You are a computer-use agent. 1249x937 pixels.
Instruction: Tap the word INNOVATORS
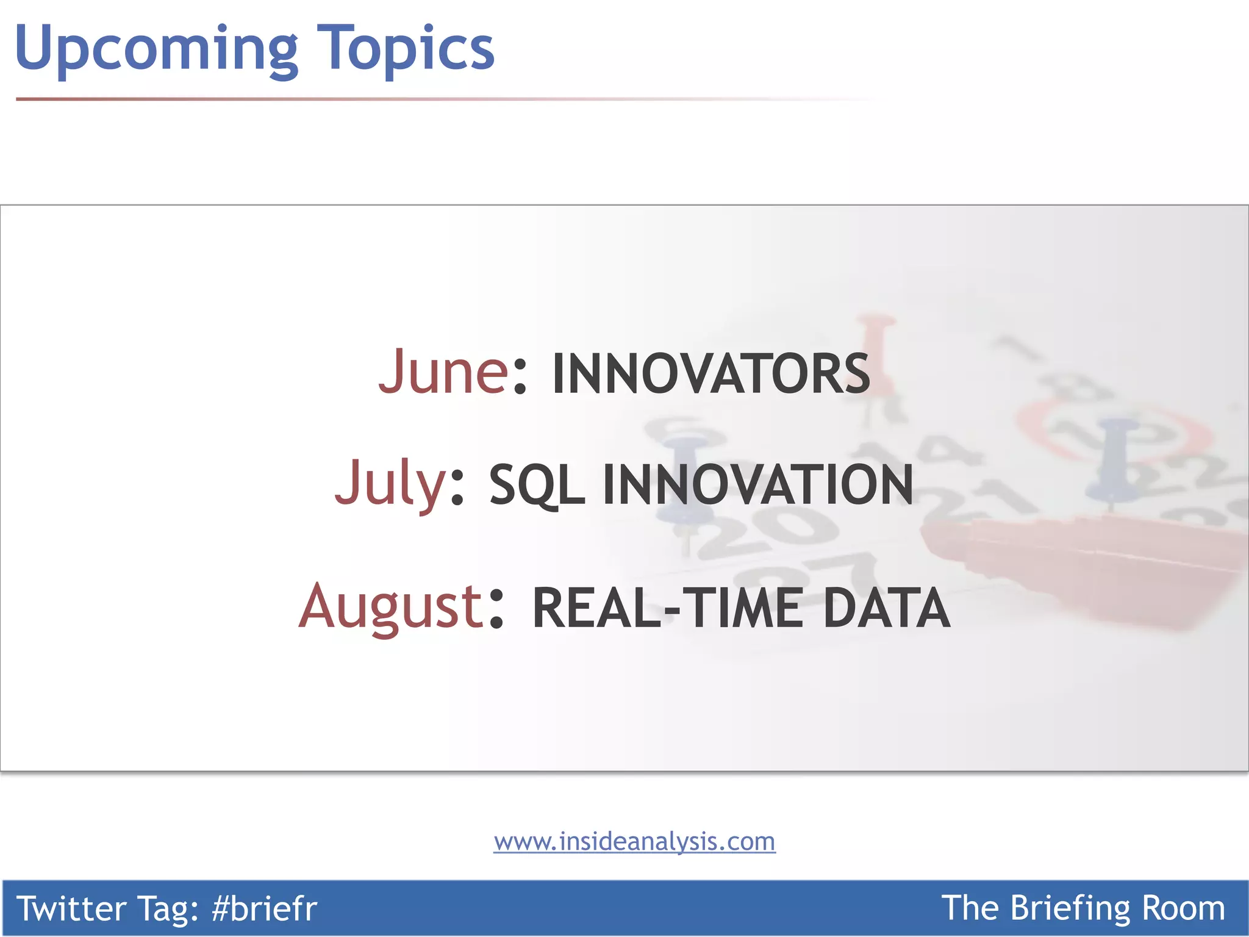(x=710, y=373)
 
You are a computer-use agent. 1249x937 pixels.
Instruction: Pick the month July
(x=390, y=483)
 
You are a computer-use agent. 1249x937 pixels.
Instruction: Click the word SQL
(x=537, y=486)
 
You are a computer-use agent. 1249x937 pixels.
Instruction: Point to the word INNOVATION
(x=758, y=484)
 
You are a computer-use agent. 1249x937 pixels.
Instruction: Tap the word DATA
(x=886, y=608)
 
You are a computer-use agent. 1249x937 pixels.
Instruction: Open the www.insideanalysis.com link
(x=634, y=842)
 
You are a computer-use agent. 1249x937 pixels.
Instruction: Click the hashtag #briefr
(x=264, y=908)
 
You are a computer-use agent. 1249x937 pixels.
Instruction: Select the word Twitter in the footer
(x=70, y=908)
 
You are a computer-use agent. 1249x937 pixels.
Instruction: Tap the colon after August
(x=496, y=609)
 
